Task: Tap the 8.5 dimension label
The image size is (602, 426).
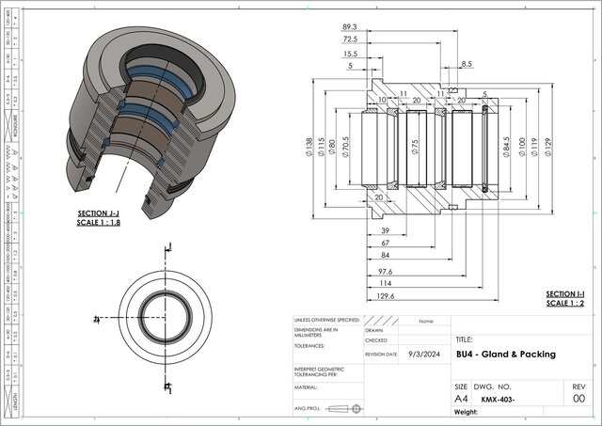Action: pyautogui.click(x=467, y=64)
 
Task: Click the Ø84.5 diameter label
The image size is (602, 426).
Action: pyautogui.click(x=507, y=147)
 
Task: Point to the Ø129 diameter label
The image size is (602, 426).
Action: pyautogui.click(x=547, y=147)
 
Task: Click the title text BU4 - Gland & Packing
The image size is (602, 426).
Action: pyautogui.click(x=505, y=355)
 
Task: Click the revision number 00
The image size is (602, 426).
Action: pyautogui.click(x=578, y=399)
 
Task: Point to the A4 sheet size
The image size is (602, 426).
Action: pyautogui.click(x=461, y=399)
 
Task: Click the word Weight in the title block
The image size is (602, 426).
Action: pyautogui.click(x=468, y=412)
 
